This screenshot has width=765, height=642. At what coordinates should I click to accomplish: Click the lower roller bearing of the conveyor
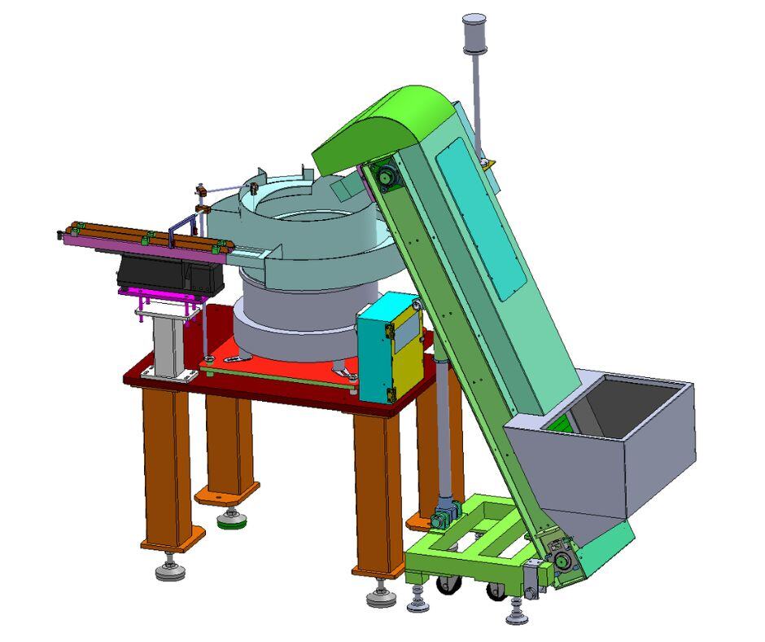[562, 560]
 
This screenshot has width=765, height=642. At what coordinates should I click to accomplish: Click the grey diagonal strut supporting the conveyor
[444, 432]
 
